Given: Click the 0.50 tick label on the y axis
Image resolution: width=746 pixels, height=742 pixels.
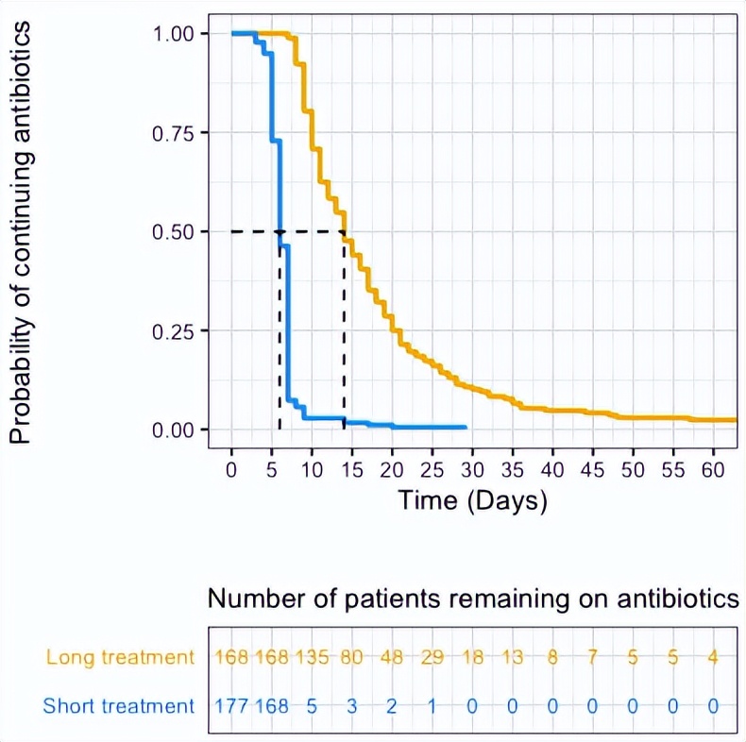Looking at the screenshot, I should pyautogui.click(x=173, y=231).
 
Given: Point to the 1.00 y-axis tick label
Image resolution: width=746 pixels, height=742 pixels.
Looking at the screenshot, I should pyautogui.click(x=173, y=34).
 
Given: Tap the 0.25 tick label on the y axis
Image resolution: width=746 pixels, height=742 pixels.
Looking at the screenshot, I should pyautogui.click(x=173, y=331).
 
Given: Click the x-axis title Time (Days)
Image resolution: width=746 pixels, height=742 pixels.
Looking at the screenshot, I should pyautogui.click(x=472, y=500).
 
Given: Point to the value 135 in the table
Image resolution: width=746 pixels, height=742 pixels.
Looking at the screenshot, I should pyautogui.click(x=312, y=657).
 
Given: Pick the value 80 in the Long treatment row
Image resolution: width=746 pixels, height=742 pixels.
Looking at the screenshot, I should pyautogui.click(x=352, y=657).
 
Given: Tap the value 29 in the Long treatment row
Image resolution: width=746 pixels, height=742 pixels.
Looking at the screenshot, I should pyautogui.click(x=432, y=657).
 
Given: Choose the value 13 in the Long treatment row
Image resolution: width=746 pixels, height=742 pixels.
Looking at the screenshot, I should pyautogui.click(x=513, y=657).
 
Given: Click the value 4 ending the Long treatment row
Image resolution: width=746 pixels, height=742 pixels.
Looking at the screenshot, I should pyautogui.click(x=714, y=657).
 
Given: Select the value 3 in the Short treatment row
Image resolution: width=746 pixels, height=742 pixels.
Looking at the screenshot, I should pyautogui.click(x=352, y=705).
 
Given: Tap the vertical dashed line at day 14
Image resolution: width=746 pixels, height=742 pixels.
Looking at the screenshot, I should pyautogui.click(x=344, y=330).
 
